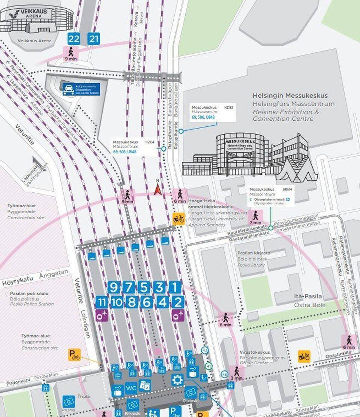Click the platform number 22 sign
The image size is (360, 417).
tap(74, 38)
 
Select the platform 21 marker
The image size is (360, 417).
tap(94, 38)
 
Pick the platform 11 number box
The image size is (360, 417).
tap(102, 302)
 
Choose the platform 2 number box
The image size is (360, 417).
tap(178, 302)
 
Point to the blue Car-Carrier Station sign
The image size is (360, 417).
tap(81, 89)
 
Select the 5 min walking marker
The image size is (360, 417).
tap(127, 196)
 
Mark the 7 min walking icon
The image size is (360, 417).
tap(255, 217)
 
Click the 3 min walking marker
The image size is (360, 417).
tap(237, 373)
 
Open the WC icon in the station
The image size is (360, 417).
tap(131, 388)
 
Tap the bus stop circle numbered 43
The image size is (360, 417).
tap(205, 350)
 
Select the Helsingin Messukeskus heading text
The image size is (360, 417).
tap(290, 96)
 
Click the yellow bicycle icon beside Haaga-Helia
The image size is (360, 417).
tap(179, 219)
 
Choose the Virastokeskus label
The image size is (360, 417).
tap(255, 352)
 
